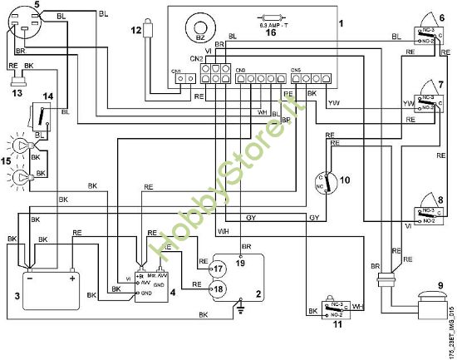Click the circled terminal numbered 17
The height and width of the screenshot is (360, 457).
218,269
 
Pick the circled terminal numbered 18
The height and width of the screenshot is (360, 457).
218,288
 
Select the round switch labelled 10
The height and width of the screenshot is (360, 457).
327,183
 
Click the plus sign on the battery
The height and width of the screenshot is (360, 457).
73,279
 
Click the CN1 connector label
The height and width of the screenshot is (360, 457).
175,72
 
